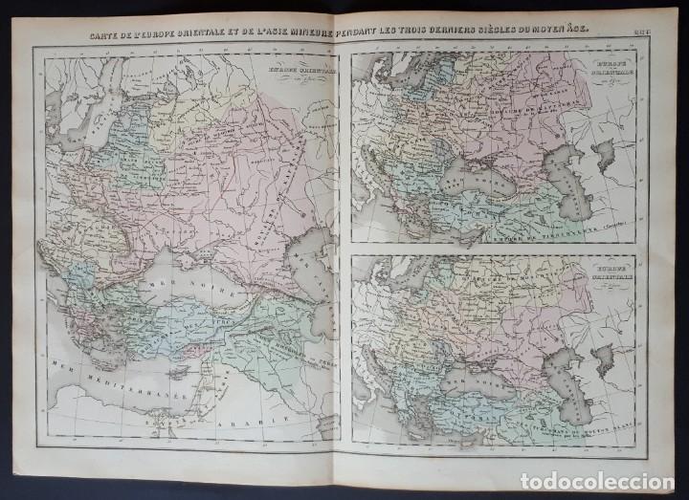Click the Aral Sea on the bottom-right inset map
603,359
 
